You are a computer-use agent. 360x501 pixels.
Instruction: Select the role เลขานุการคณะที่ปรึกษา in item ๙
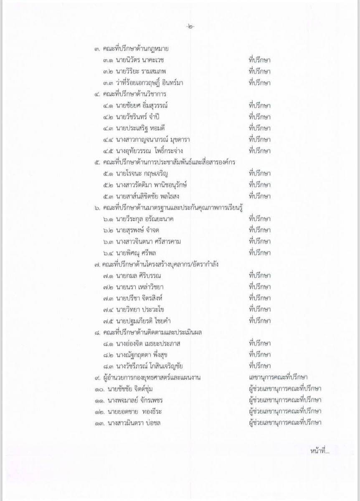pyautogui.click(x=277, y=378)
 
